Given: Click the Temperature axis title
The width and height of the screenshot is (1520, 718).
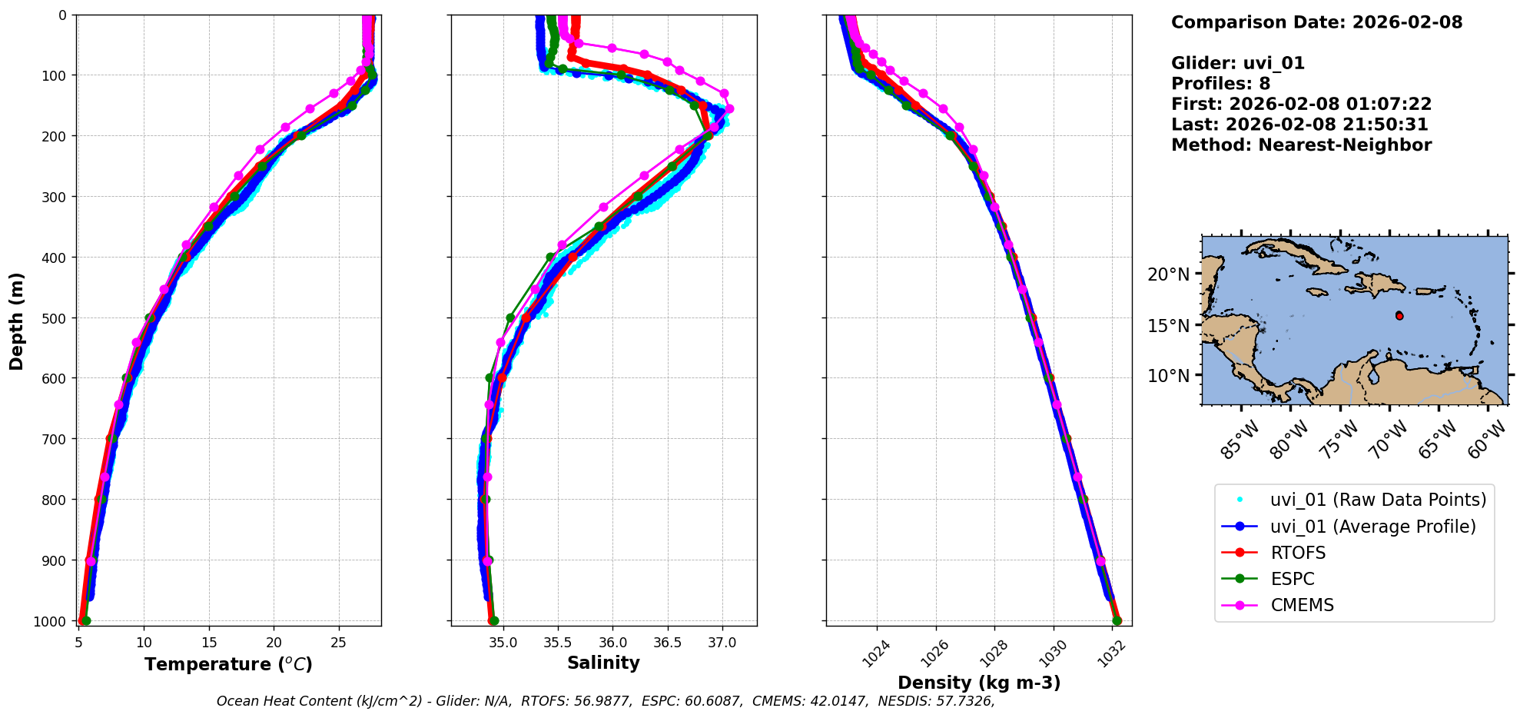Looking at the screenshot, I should tap(228, 664).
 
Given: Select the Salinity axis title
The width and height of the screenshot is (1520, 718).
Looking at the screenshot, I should tap(603, 663).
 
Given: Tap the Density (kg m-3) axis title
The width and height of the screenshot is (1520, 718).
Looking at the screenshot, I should tap(979, 683).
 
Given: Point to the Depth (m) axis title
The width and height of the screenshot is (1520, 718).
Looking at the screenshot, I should tap(17, 321).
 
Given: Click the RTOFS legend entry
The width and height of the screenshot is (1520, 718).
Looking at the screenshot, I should tap(1298, 553).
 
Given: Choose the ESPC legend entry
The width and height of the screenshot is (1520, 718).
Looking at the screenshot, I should tap(1293, 579).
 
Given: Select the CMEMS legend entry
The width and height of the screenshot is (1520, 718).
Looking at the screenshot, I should tap(1302, 605).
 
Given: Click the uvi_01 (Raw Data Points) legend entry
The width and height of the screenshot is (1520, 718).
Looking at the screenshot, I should tap(1378, 500).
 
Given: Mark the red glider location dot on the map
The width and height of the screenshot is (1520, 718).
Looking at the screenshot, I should tap(1399, 316).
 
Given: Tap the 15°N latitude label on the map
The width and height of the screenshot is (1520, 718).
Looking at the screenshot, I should tap(1168, 326).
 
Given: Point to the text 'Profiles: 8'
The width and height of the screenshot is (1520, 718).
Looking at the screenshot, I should tap(1220, 84).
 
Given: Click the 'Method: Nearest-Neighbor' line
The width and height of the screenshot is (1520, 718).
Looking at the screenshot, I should tap(1301, 145).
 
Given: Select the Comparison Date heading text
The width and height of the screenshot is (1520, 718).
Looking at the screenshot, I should tap(1316, 22).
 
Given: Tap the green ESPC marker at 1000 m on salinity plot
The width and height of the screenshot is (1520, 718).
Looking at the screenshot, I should tap(493, 620).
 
